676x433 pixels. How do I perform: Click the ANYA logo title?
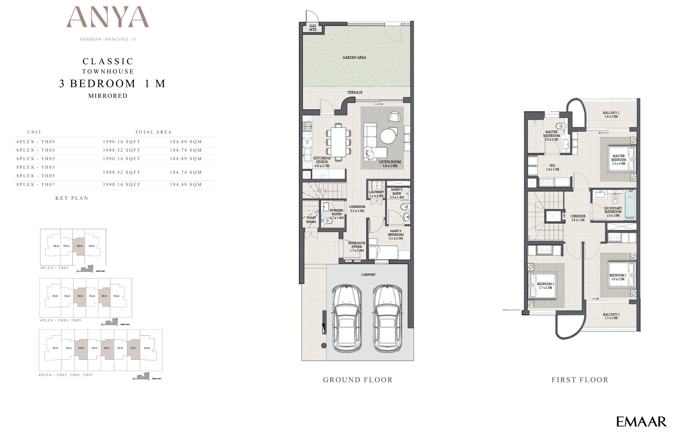click(108, 17)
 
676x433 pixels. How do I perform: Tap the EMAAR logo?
click(641, 422)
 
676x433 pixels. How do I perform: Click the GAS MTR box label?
click(313, 28)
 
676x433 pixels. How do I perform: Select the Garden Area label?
click(354, 57)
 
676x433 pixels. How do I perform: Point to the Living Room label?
click(389, 164)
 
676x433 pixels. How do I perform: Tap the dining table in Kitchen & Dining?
click(338, 142)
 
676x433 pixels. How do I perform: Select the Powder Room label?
click(336, 214)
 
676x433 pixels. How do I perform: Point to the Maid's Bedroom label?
click(396, 235)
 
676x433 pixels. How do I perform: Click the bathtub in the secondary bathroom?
click(630, 205)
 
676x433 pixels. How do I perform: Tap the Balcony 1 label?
click(611, 114)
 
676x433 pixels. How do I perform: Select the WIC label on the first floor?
click(552, 167)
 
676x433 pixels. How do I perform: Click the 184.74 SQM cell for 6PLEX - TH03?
click(186, 150)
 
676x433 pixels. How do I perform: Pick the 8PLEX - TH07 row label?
click(36, 185)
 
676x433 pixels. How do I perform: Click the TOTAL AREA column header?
click(153, 132)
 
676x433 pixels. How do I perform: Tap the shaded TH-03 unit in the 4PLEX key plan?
click(80, 246)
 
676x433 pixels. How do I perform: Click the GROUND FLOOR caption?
click(357, 380)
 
